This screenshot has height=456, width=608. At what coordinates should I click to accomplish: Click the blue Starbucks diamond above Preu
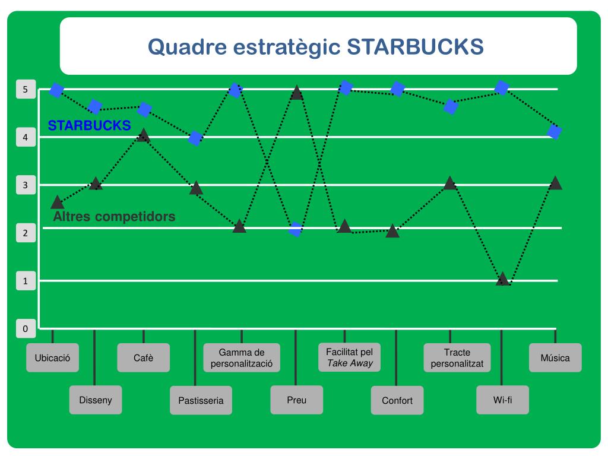[296, 229]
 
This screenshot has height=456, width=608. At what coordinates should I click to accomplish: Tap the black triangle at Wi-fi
[502, 279]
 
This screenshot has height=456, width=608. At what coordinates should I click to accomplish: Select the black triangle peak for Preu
[297, 93]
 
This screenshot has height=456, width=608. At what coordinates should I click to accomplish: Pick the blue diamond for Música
[554, 132]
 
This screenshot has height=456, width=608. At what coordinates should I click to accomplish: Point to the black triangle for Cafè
[142, 135]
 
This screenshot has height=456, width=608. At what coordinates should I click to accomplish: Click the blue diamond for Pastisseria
[195, 138]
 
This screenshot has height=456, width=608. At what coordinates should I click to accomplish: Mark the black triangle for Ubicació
[57, 202]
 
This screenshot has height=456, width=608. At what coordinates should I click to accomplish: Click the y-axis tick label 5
[26, 90]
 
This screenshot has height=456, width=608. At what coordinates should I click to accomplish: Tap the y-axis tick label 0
[26, 328]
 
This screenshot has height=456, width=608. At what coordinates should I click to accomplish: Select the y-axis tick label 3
[26, 185]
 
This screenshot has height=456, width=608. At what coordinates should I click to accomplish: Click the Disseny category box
[95, 400]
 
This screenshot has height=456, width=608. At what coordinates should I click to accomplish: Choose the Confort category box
[397, 400]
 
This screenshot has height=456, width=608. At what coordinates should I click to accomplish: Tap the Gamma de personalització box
[242, 358]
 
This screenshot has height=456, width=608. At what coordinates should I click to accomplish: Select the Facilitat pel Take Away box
[350, 357]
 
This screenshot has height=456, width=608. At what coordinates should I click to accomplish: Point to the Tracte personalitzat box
[457, 358]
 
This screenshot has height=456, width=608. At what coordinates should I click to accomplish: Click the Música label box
[555, 358]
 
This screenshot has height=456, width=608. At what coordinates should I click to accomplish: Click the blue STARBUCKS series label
[89, 125]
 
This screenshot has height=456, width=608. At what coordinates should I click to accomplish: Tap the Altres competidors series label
[114, 217]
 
